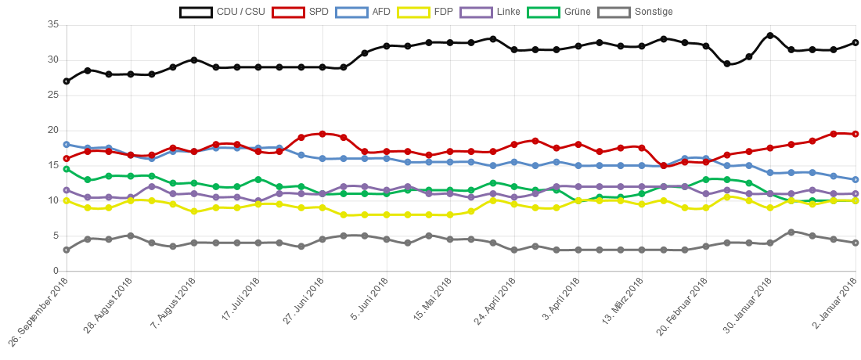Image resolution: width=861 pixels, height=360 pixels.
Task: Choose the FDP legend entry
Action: point(423,12)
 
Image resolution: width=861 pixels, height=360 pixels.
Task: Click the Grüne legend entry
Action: point(558,12)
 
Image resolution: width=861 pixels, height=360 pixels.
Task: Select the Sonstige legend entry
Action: point(635,12)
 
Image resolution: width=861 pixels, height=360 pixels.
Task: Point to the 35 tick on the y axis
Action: point(54,24)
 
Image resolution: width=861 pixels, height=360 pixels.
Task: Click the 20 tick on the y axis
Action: point(54,130)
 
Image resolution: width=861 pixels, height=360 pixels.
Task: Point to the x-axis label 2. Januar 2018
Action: point(832,307)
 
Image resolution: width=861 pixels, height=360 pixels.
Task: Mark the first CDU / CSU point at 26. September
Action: point(67,81)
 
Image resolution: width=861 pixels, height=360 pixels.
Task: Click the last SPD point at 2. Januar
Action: point(856,134)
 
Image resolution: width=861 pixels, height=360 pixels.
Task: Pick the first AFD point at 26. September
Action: point(67,144)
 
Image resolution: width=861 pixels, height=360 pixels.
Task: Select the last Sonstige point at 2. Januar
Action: point(856,243)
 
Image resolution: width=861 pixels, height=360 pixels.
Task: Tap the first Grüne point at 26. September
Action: point(67,169)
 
